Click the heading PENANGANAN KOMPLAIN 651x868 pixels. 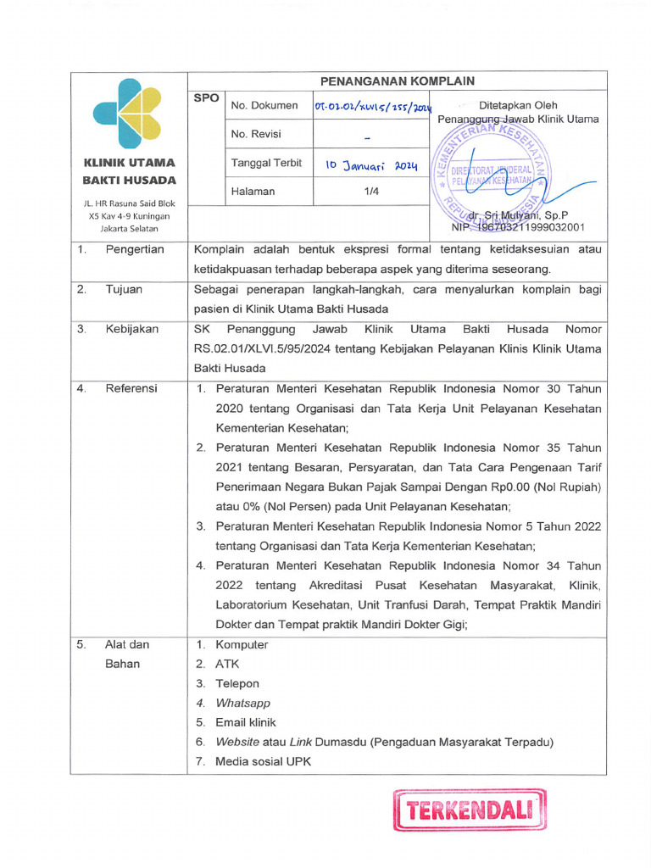397,81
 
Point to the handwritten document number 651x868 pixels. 372,108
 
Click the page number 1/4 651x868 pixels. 371,192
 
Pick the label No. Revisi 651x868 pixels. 256,134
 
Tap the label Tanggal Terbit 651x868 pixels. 266,164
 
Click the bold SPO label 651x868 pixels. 206,98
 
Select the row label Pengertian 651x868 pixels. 135,249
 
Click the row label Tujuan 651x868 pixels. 124,289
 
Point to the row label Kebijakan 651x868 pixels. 131,329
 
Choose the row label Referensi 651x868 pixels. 131,388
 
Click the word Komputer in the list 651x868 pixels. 242,644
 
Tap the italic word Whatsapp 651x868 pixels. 242,703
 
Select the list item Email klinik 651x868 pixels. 246,722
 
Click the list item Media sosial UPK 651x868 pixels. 263,761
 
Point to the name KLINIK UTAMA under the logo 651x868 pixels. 129,163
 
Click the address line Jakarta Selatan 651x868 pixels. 129,229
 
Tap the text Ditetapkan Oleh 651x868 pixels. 518,106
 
